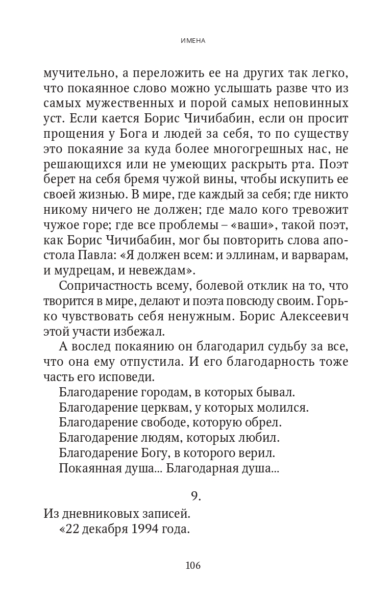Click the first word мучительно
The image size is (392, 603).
(x=77, y=72)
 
